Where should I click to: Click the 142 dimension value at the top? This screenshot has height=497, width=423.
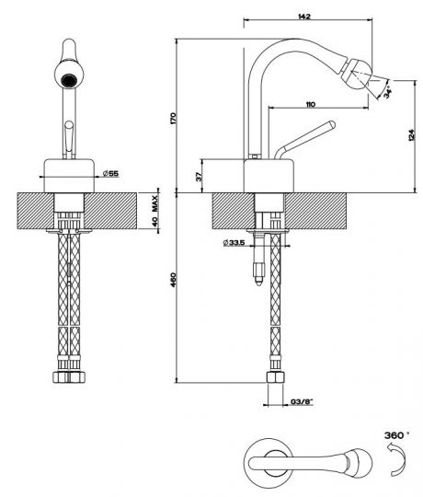304,17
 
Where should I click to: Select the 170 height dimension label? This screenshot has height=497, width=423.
173,118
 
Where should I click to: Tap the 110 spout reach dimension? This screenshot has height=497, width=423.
311,104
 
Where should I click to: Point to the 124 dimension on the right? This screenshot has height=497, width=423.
411,135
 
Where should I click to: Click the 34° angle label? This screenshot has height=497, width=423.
388,93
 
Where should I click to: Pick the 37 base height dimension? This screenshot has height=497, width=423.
199,177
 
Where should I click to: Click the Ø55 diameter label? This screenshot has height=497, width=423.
110,173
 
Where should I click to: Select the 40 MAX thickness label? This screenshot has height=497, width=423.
154,211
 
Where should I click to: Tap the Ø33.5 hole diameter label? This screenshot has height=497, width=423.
234,243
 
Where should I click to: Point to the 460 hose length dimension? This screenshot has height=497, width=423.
173,280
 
